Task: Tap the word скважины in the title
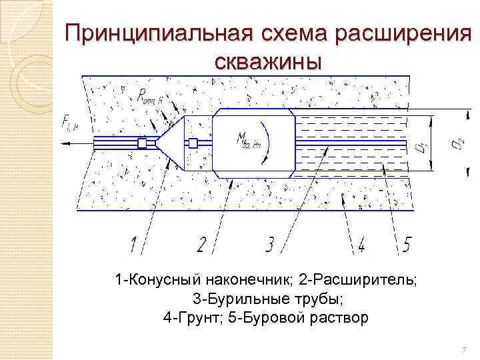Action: [268, 61]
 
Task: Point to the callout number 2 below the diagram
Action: [200, 245]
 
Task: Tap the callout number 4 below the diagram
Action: [361, 245]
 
